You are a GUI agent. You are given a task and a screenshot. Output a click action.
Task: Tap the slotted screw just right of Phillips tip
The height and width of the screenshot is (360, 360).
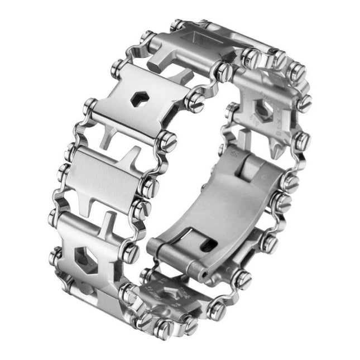pos(301,140)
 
